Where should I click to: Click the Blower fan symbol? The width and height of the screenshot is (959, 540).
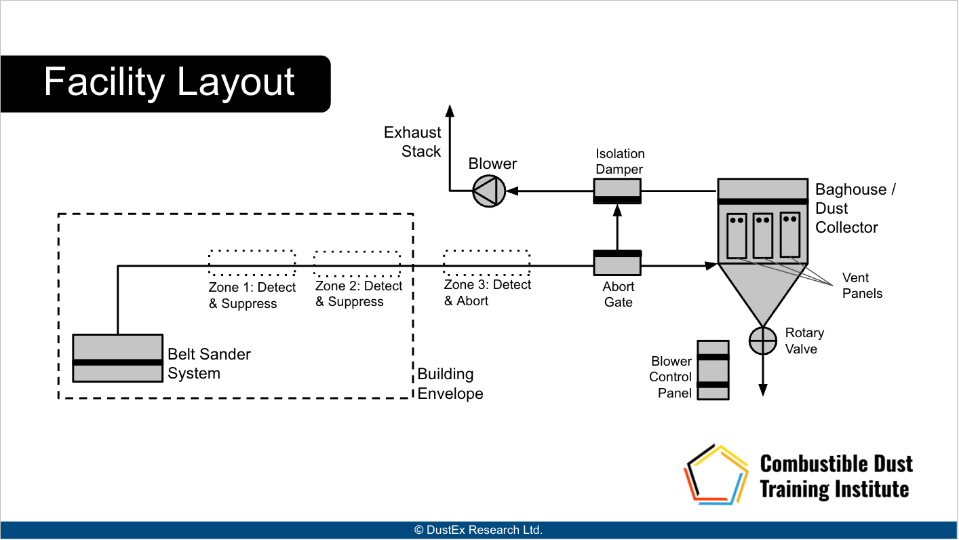[x=489, y=191]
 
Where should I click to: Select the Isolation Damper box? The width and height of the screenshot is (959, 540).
[x=617, y=191]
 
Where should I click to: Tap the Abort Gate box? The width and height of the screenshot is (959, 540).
[x=617, y=263]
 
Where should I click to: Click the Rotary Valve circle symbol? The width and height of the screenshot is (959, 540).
[x=762, y=340]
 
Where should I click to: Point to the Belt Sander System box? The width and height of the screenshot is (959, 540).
[x=118, y=358]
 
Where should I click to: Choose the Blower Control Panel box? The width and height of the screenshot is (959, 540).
[x=713, y=370]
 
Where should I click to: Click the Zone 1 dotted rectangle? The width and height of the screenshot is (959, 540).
[x=252, y=263]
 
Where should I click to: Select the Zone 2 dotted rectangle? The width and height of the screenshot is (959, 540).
[x=357, y=263]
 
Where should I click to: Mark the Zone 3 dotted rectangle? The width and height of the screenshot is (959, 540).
[x=486, y=263]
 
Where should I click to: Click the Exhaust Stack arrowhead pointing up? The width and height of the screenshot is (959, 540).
[x=449, y=109]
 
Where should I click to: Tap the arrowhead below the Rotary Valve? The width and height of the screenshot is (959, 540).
[x=762, y=389]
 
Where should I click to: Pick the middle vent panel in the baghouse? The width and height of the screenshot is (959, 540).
[x=762, y=235]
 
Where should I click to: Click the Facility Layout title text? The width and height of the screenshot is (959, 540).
[x=169, y=83]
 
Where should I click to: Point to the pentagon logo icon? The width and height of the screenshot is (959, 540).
[x=717, y=475]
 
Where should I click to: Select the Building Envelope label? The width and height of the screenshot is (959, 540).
[x=450, y=384]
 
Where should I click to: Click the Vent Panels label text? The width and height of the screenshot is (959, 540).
[x=862, y=286]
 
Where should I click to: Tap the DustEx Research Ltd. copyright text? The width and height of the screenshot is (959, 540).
[x=479, y=530]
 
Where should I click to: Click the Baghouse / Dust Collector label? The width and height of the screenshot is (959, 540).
[x=855, y=208]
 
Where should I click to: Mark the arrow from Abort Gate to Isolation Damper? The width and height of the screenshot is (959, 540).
[x=617, y=228]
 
